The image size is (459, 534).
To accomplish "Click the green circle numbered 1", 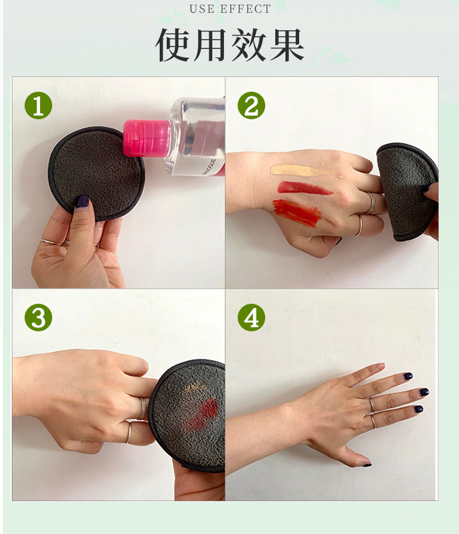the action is click(38, 105).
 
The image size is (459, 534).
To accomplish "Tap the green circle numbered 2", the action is click(251, 105).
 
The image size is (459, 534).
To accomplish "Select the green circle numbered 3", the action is click(38, 317).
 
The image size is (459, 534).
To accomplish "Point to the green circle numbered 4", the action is click(251, 317).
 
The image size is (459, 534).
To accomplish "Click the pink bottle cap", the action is click(146, 138).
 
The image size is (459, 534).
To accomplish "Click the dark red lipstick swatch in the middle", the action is click(304, 188).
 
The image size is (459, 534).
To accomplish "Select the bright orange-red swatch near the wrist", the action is click(297, 213).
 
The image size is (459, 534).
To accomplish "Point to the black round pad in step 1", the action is click(96, 173).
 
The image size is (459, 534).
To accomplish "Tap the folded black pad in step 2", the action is click(407, 192).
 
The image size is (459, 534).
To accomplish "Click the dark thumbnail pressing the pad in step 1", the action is click(82, 201).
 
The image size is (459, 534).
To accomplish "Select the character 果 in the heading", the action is click(287, 45).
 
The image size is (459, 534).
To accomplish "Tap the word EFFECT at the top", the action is click(246, 9).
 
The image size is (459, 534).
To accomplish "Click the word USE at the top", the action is click(202, 9).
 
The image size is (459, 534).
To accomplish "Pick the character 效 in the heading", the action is click(249, 45).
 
